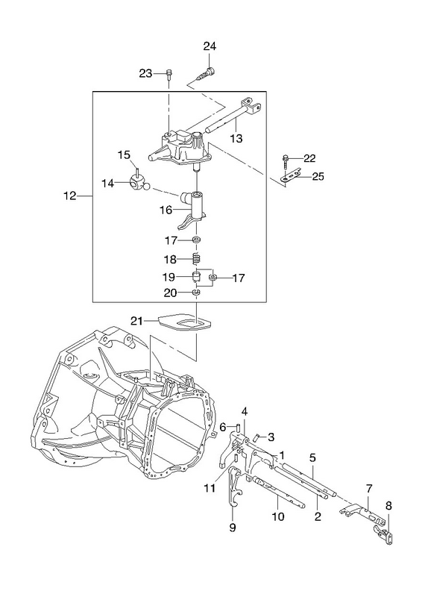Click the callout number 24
[x=210, y=46]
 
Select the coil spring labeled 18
[x=196, y=259]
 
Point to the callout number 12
[x=70, y=196]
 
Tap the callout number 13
[x=236, y=138]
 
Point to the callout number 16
[x=166, y=210]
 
